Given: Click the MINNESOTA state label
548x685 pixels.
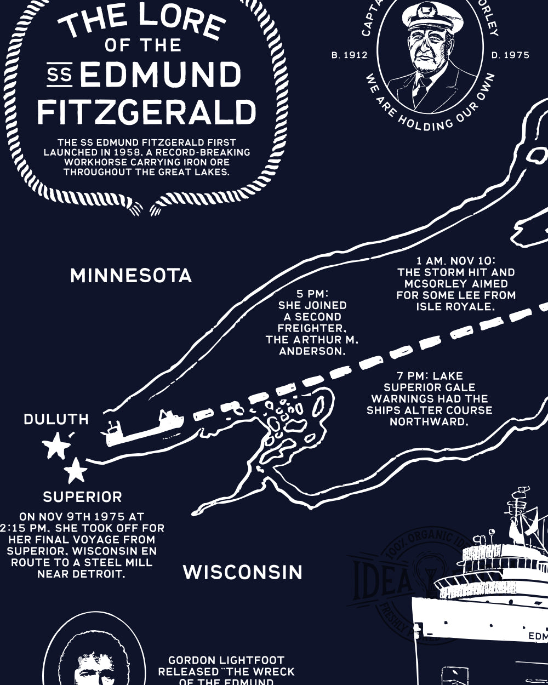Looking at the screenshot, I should click(x=131, y=275).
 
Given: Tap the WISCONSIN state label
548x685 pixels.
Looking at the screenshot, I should click(x=242, y=572).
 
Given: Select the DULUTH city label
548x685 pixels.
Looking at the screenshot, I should click(x=56, y=419).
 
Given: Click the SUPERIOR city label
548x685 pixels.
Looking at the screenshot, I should click(x=82, y=497).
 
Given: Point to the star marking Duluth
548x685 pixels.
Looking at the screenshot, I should click(x=56, y=446).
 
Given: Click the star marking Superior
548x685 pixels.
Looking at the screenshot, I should click(x=76, y=470).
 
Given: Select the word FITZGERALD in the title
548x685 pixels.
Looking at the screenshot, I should click(x=146, y=111).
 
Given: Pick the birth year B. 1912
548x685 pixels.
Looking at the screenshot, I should click(x=350, y=55).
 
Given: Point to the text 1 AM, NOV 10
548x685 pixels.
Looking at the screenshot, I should click(x=455, y=260).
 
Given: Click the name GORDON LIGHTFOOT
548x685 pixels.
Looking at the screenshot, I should click(x=226, y=660).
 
